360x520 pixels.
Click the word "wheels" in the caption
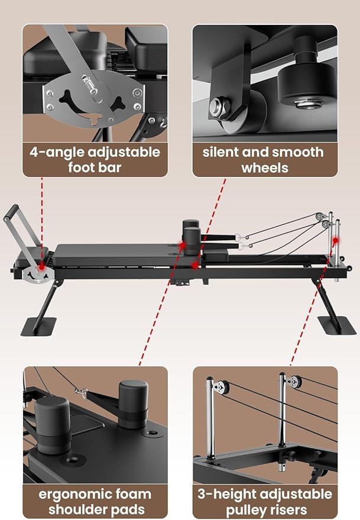point(264,167)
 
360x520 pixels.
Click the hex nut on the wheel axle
point(218,107)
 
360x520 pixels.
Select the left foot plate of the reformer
point(38,327)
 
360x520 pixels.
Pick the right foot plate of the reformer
point(336,325)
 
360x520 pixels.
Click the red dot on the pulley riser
point(336,240)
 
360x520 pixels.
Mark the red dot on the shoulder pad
point(184,244)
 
